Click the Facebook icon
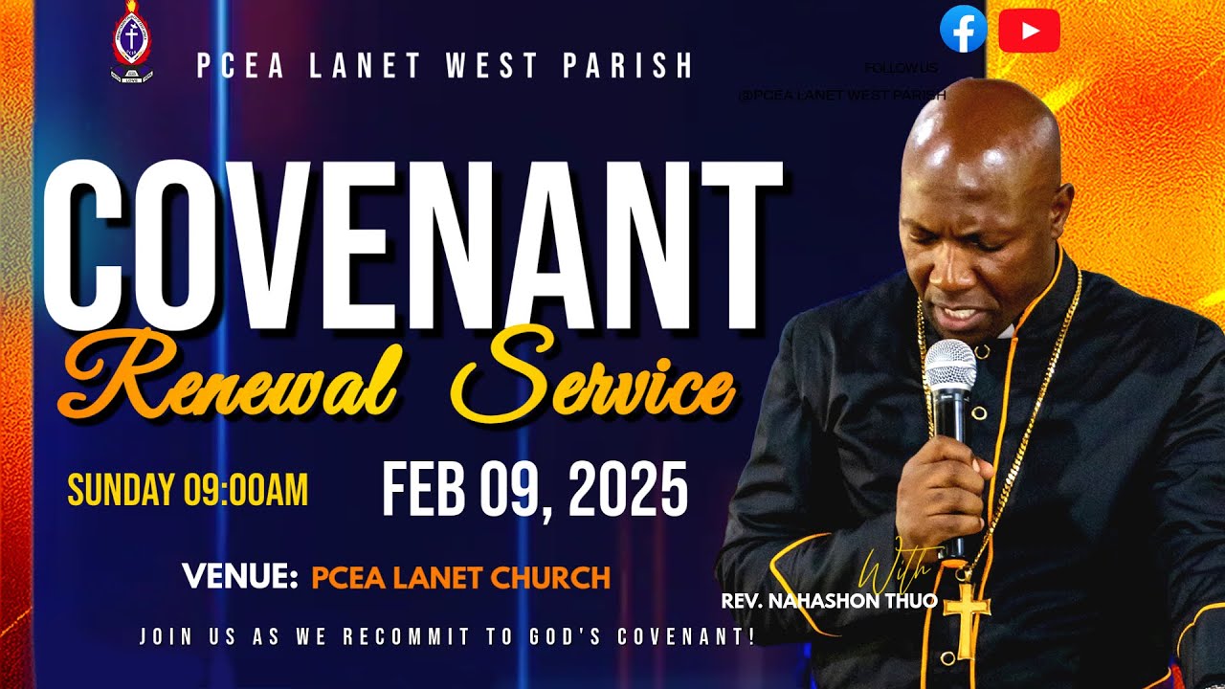(963, 30)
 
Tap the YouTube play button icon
(1029, 31)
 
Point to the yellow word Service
(594, 383)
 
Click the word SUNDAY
(121, 491)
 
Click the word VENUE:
(240, 577)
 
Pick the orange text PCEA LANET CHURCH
(460, 578)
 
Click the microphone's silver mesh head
(949, 364)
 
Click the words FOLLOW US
(901, 69)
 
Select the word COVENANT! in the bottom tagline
(686, 636)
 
